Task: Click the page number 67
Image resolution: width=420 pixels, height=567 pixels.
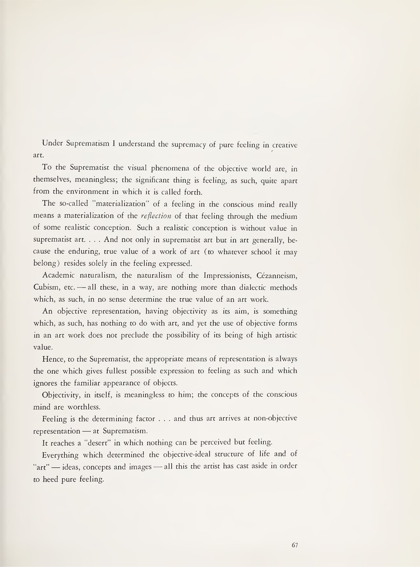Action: pyautogui.click(x=294, y=545)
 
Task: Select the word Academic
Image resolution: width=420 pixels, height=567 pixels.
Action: pyautogui.click(x=58, y=275)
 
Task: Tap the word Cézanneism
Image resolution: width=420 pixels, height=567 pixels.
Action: pyautogui.click(x=273, y=275)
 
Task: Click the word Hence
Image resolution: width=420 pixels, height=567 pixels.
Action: pyautogui.click(x=54, y=359)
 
